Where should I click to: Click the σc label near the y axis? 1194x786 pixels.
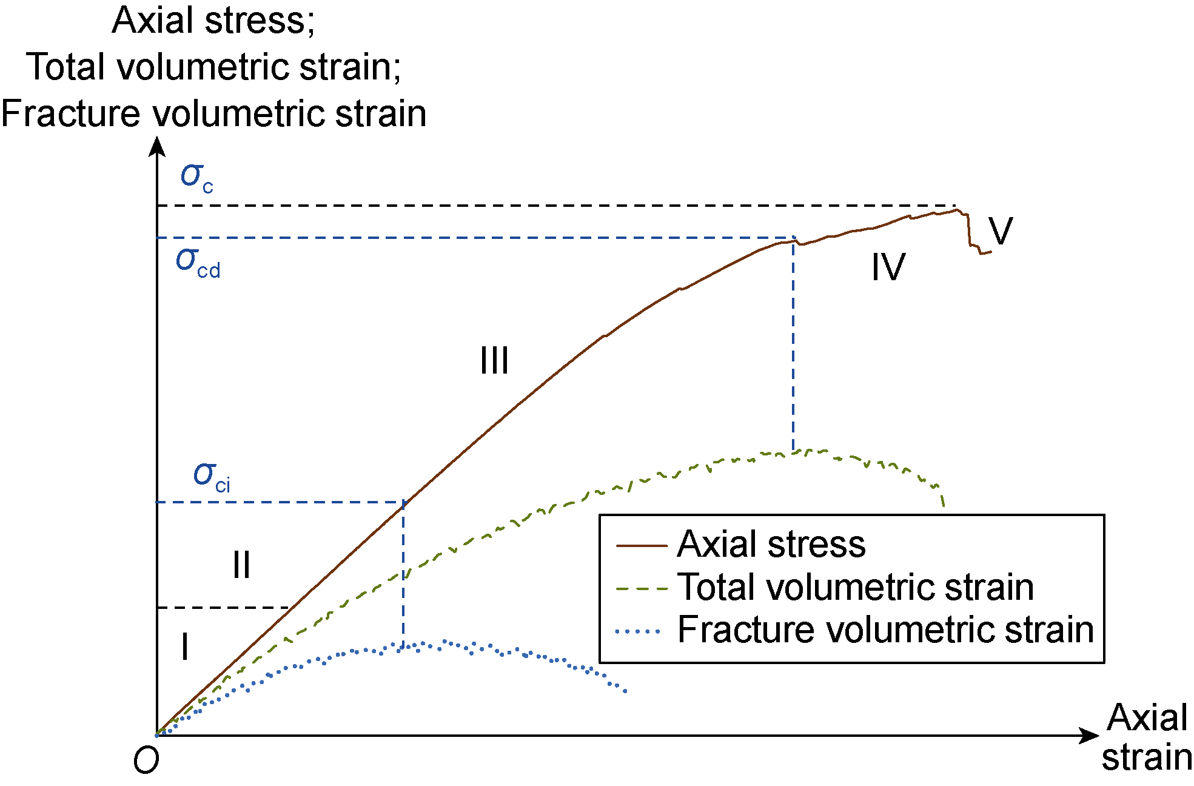(x=196, y=177)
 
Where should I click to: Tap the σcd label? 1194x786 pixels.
(x=198, y=262)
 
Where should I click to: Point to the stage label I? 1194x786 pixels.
(x=185, y=646)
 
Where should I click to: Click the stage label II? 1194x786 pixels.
(x=241, y=565)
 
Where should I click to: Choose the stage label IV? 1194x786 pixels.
(x=888, y=267)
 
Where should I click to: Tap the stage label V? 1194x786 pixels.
(x=1001, y=230)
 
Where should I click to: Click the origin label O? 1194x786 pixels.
(x=146, y=760)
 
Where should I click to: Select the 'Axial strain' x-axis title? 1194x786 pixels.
(x=1146, y=737)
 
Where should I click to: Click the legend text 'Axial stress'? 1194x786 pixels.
(x=771, y=543)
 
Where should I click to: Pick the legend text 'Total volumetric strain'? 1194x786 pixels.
(x=856, y=586)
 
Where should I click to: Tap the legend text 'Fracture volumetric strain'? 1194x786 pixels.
(x=885, y=629)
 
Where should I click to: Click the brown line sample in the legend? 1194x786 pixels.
(x=641, y=545)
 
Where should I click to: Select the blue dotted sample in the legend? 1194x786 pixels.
(x=638, y=632)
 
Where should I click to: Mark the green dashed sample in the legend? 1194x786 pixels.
(x=641, y=588)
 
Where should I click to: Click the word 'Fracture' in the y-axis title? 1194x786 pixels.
(x=70, y=113)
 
